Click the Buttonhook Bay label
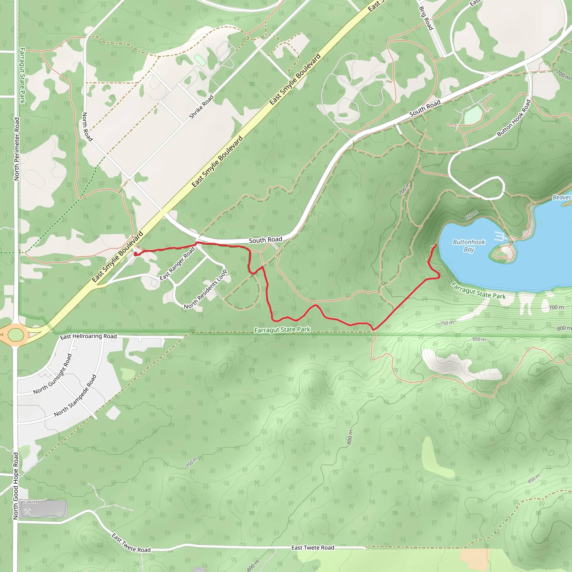tap(469, 246)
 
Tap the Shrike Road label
tap(201, 107)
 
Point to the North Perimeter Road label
tap(16, 149)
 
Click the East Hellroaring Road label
tap(88, 337)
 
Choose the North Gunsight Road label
tap(53, 374)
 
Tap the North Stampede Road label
tap(75, 395)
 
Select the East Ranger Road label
tap(177, 263)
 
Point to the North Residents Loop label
tap(206, 289)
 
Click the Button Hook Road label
tap(514, 118)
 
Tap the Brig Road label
tap(426, 18)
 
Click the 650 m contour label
tap(472, 215)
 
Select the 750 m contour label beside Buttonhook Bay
tap(447, 323)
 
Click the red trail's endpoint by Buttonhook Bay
tap(437, 245)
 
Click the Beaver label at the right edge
tap(562, 197)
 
